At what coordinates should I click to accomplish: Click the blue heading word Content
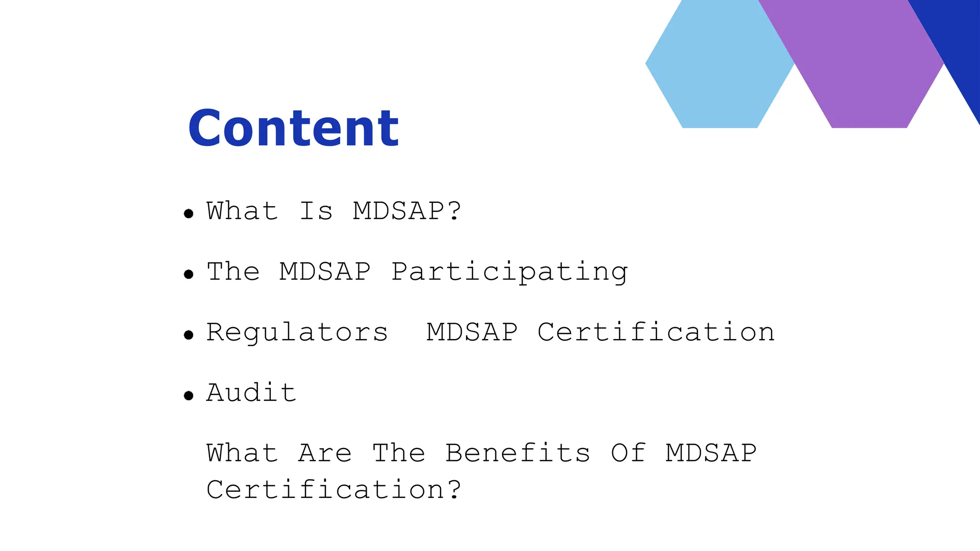(x=293, y=128)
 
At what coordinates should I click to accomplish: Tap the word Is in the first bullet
(x=316, y=211)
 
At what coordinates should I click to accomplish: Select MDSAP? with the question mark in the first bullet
(x=407, y=211)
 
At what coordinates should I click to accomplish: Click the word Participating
(x=509, y=272)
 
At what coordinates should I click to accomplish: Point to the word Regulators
(x=297, y=332)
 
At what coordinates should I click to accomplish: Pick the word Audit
(x=251, y=393)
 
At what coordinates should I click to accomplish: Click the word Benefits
(x=518, y=453)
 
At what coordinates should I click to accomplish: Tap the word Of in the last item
(x=628, y=453)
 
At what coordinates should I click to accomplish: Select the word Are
(x=325, y=453)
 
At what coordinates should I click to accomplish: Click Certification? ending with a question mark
(x=334, y=490)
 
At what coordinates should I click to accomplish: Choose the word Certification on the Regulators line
(x=656, y=332)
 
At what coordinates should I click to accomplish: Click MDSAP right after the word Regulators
(x=472, y=332)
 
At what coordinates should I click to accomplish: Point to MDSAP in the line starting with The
(x=325, y=272)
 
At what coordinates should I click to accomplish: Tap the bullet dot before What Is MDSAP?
(x=189, y=214)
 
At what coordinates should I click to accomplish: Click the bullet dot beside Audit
(x=189, y=396)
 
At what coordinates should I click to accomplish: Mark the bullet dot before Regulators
(x=189, y=335)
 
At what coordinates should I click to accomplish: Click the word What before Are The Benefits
(x=242, y=453)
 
